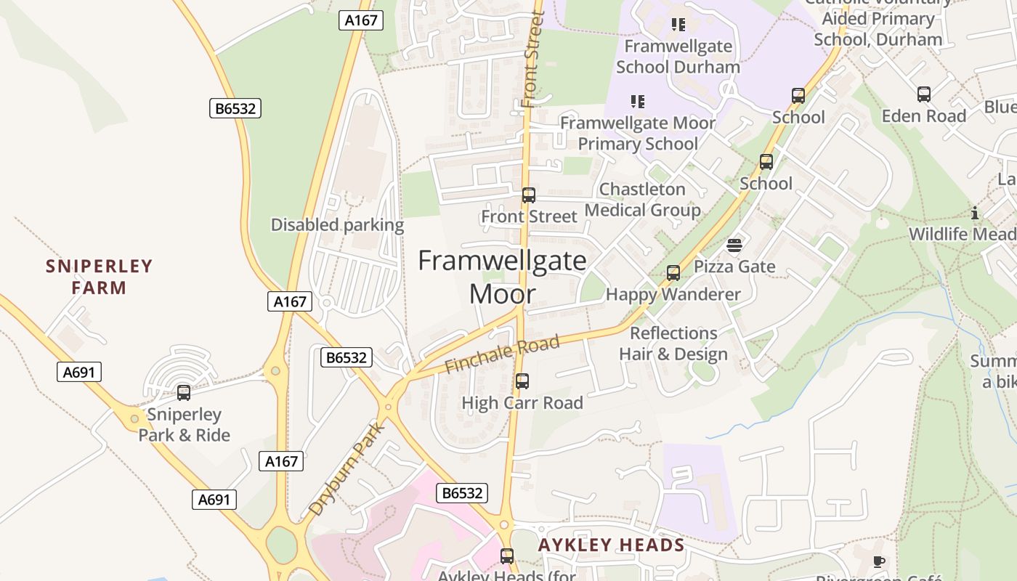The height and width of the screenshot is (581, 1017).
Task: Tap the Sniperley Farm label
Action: coord(100,277)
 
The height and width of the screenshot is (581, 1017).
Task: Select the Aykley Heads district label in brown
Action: coord(611,545)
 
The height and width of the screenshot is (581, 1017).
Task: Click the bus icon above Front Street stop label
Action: coord(529,195)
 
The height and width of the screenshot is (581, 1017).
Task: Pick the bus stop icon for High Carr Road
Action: coord(522,381)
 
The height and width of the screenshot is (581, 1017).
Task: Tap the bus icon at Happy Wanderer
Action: coord(673,273)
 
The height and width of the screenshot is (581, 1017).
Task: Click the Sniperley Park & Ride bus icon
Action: coord(184,393)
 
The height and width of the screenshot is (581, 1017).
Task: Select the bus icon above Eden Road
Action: coord(923,94)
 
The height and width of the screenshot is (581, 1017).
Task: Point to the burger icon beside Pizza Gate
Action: coord(734,245)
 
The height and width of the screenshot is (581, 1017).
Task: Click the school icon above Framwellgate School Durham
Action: coord(678,25)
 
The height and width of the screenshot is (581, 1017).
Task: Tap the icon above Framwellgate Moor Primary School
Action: coord(637,102)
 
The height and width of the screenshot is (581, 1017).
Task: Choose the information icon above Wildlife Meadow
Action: coord(975,214)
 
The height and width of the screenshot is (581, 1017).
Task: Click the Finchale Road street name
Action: coord(502,354)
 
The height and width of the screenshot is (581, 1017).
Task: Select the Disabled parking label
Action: coord(337,225)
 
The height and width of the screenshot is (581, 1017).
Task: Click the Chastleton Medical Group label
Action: coord(642,200)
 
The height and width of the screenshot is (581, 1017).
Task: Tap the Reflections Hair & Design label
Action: coord(673,344)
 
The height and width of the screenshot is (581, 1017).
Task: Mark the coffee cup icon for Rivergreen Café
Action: coord(878,561)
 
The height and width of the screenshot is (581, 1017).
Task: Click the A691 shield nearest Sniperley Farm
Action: coord(79,372)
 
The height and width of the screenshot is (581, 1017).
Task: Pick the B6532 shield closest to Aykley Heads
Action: coord(462,493)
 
